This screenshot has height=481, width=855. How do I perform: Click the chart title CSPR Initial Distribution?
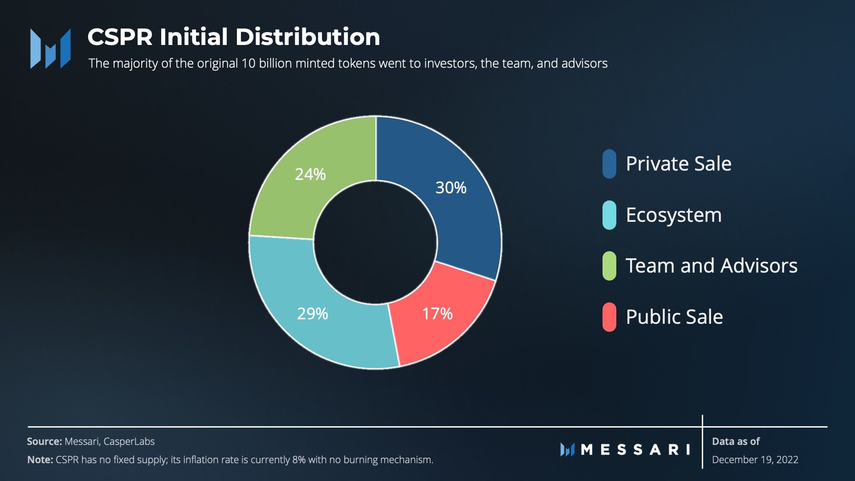[x=233, y=37]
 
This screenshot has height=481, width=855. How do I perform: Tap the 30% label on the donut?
[x=451, y=188]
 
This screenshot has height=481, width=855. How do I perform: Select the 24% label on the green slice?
[x=310, y=174]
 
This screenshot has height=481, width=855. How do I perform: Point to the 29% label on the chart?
[x=312, y=314]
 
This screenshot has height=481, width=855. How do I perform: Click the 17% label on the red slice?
[x=437, y=314]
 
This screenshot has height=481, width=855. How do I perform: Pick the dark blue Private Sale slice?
[x=463, y=214]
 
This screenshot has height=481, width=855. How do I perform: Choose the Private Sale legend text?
[x=678, y=163]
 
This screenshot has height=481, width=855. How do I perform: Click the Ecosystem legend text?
[x=673, y=215]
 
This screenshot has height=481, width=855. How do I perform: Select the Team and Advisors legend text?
[x=711, y=265]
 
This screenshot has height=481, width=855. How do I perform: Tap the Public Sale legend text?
[x=674, y=317]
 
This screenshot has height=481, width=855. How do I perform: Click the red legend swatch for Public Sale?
[x=609, y=317]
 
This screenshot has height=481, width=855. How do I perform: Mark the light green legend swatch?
[x=609, y=266]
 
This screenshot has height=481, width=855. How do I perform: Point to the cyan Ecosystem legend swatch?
[x=609, y=215]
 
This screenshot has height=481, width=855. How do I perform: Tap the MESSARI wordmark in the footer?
[x=635, y=449]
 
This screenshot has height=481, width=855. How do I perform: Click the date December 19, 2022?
[x=755, y=460]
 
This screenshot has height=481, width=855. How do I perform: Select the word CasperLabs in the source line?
[x=129, y=441]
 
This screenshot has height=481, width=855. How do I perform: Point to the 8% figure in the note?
[x=299, y=460]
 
